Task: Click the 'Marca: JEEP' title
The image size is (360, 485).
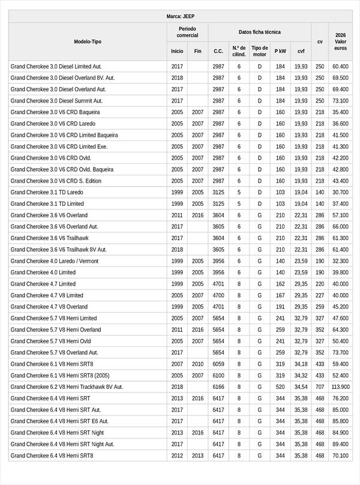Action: (x=180, y=17)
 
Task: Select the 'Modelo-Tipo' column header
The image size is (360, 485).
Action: (x=88, y=42)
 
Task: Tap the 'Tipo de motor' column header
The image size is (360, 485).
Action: (x=260, y=51)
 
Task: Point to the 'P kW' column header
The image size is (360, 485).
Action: (x=280, y=52)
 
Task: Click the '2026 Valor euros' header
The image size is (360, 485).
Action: (x=340, y=42)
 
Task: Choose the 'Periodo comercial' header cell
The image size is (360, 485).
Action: (x=187, y=32)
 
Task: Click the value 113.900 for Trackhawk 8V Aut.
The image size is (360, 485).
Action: (x=340, y=387)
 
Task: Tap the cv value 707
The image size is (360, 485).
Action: (x=320, y=387)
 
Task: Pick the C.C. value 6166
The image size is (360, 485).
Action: (x=218, y=387)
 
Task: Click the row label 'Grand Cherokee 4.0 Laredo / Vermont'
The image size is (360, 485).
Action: (x=55, y=261)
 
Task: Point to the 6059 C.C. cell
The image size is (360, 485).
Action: (x=218, y=364)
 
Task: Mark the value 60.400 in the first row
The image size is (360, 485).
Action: (x=340, y=67)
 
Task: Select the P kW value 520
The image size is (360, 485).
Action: (x=280, y=387)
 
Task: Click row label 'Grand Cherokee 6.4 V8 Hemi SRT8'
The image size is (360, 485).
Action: (x=52, y=456)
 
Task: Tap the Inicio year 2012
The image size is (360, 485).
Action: (x=177, y=456)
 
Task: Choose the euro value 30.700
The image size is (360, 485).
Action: (x=340, y=193)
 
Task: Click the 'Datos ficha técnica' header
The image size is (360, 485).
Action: (x=259, y=32)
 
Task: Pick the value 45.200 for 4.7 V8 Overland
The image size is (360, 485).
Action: (x=340, y=307)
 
